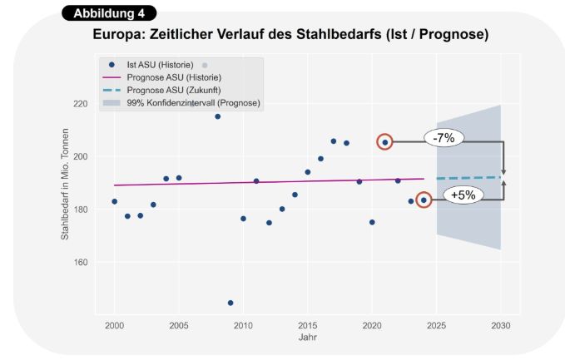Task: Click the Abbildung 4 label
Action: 108,13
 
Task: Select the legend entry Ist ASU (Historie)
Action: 159,65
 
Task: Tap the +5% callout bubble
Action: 463,196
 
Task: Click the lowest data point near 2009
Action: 230,303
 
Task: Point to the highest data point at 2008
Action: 218,116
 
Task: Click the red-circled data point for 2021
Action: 384,142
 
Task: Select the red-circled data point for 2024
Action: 424,200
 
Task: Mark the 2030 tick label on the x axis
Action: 501,325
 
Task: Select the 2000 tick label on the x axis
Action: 115,325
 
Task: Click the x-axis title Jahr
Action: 307,338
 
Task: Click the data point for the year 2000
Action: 115,201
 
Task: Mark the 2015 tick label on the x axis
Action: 307,325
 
